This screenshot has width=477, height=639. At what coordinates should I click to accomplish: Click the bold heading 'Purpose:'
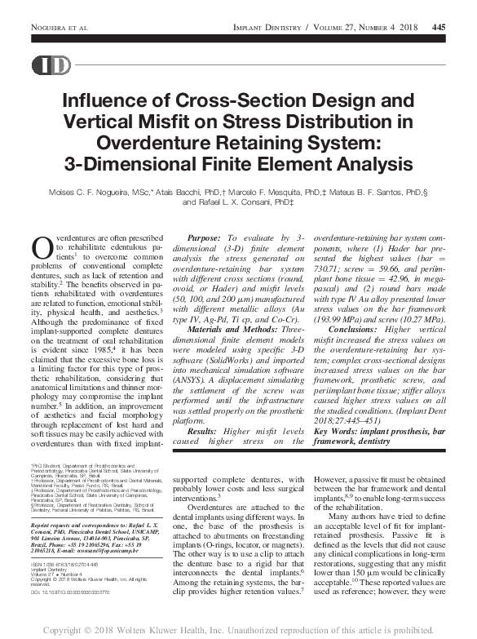[x=205, y=235]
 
